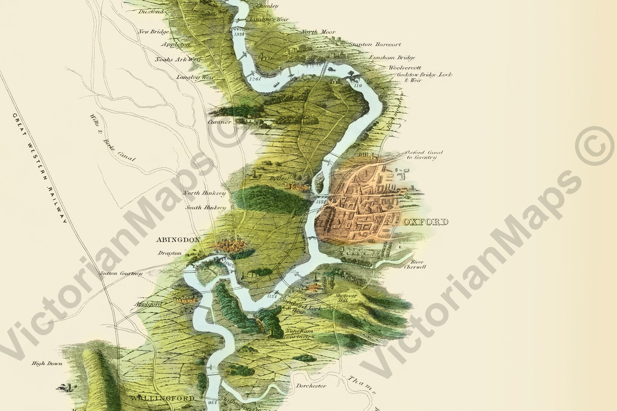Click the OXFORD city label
425,222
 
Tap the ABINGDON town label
178,240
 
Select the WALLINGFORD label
162,398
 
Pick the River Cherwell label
415,264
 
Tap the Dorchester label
311,386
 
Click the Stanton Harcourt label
375,44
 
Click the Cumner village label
219,122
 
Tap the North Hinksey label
204,193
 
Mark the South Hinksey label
206,208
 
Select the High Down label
47,363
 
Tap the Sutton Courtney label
121,273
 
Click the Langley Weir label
195,77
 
